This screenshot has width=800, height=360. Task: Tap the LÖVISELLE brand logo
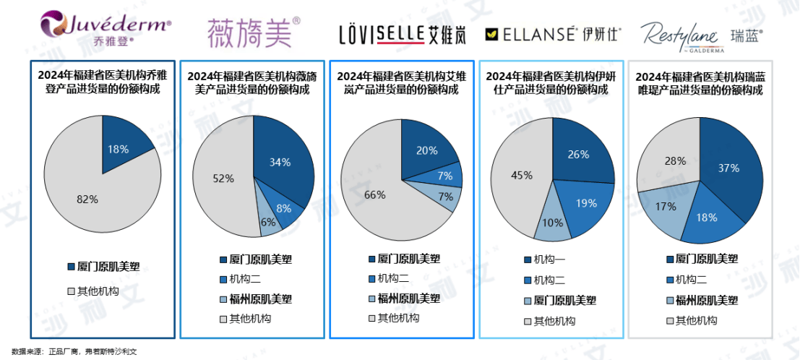(x=400, y=34)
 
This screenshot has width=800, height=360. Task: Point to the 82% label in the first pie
(x=87, y=200)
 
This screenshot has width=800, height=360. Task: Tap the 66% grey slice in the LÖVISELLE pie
(x=374, y=194)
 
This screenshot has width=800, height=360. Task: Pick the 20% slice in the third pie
(x=426, y=150)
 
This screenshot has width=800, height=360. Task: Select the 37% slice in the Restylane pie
(x=728, y=168)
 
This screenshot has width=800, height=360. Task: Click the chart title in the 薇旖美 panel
(x=252, y=82)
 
